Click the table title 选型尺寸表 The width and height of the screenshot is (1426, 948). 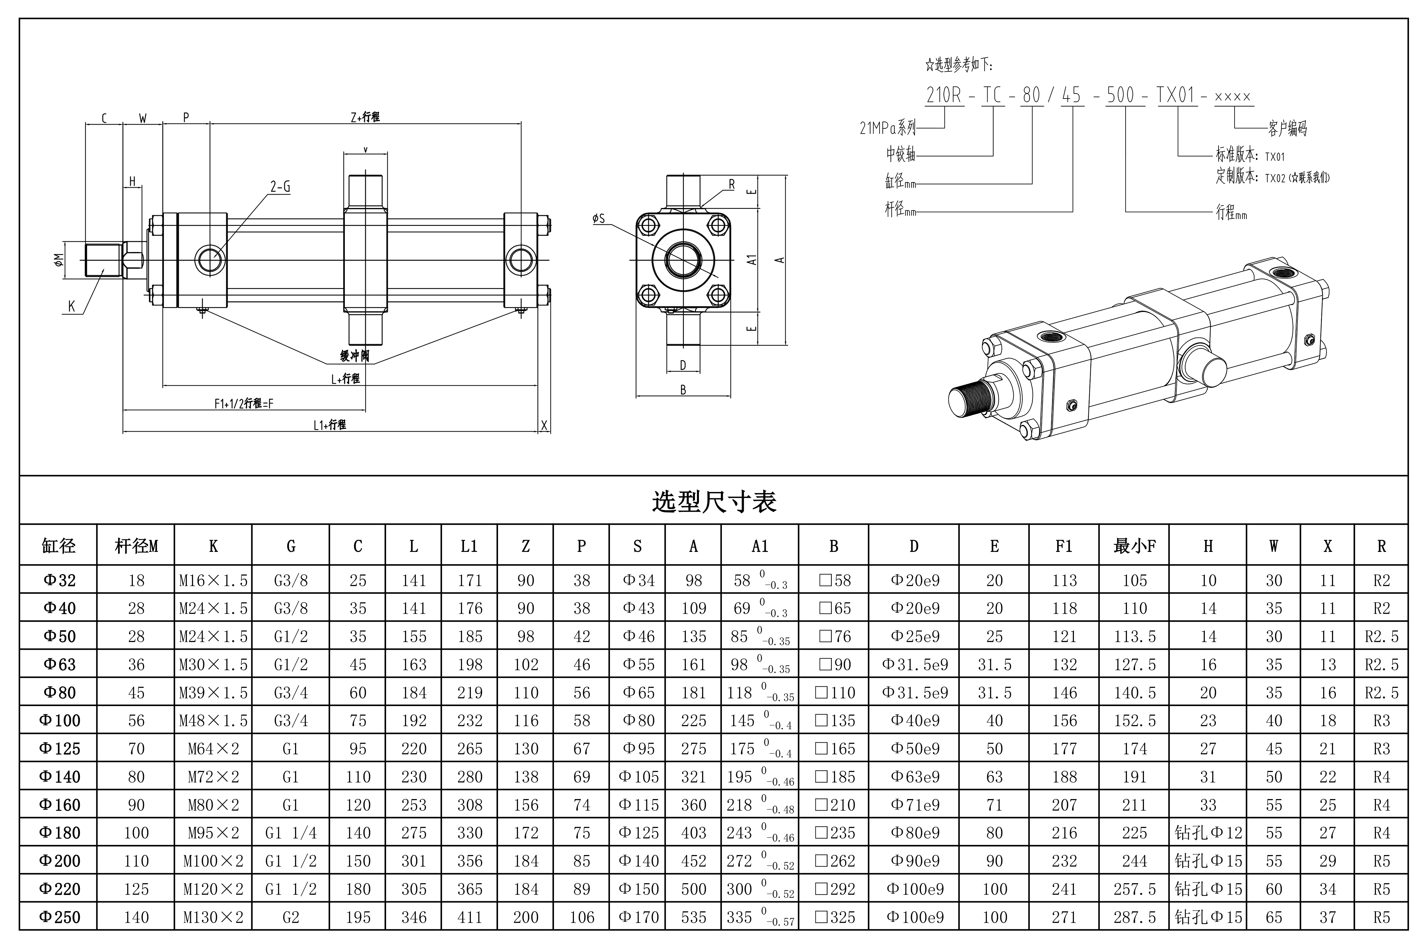point(714,501)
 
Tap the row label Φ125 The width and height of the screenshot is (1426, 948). point(59,749)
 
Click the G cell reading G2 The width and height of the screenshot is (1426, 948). point(291,917)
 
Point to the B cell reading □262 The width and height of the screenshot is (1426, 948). point(834,861)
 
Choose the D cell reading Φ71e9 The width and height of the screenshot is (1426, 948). point(914,805)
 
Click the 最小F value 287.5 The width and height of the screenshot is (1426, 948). point(1134,917)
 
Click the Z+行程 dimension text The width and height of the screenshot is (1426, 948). point(365,117)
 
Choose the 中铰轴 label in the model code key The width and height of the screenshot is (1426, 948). point(900,155)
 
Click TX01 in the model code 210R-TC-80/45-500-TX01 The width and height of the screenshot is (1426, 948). point(1176,96)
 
